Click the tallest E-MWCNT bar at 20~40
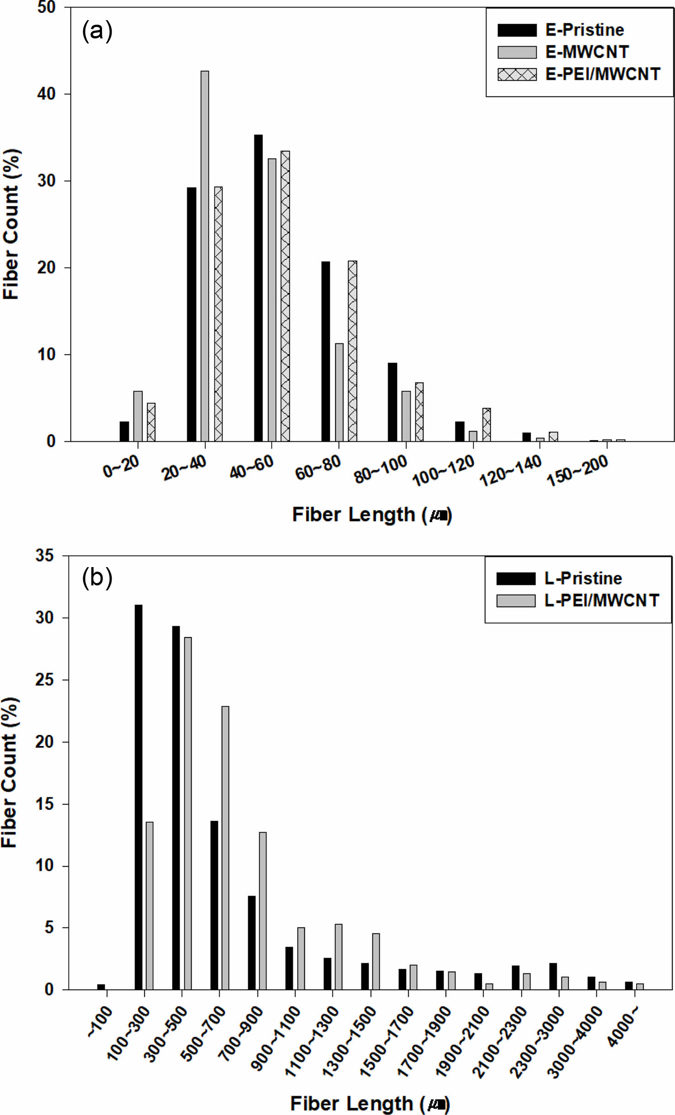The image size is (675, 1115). pyautogui.click(x=204, y=256)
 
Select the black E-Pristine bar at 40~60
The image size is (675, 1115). pyautogui.click(x=258, y=288)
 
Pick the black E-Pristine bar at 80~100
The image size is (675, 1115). pyautogui.click(x=392, y=402)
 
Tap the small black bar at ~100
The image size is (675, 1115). pyautogui.click(x=101, y=987)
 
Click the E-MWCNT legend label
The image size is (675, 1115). pyautogui.click(x=587, y=52)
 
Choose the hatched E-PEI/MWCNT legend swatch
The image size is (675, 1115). pyautogui.click(x=517, y=74)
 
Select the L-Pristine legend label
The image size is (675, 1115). pyautogui.click(x=583, y=579)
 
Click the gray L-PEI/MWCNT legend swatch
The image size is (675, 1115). pyautogui.click(x=516, y=600)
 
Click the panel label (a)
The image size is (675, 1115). pyautogui.click(x=97, y=31)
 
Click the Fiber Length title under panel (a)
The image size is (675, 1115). pyautogui.click(x=372, y=515)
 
